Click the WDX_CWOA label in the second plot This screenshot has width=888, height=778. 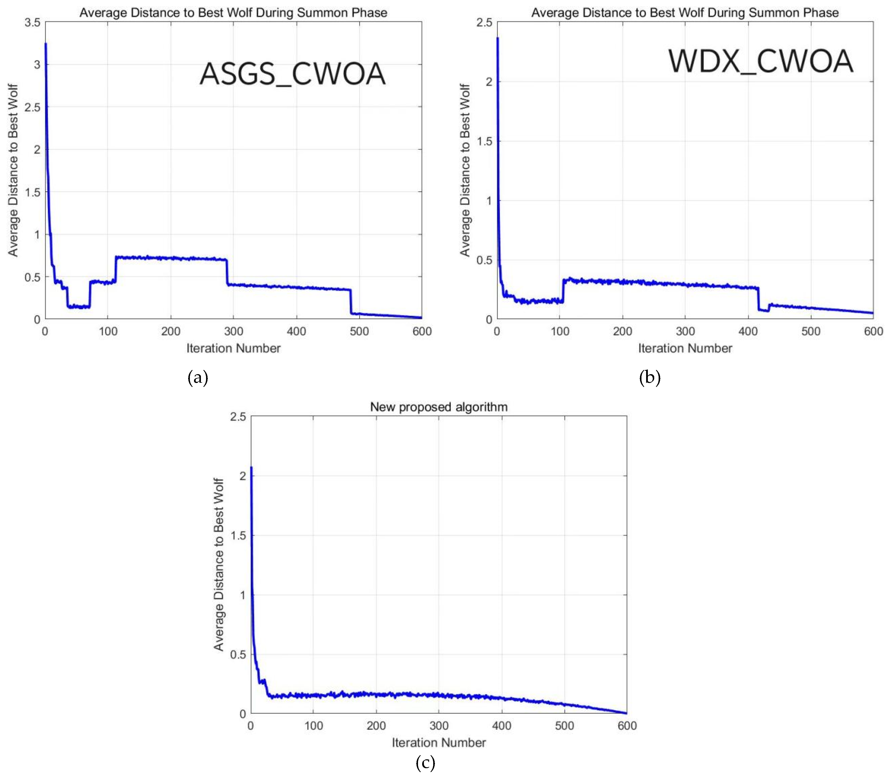[x=760, y=61]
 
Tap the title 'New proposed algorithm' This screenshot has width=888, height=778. [x=438, y=407]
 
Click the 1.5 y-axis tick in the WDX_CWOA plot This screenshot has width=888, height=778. [x=484, y=141]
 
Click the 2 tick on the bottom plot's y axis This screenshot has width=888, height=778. [x=243, y=476]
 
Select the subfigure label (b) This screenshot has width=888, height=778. [x=650, y=377]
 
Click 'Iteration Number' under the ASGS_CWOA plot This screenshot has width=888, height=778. [x=234, y=348]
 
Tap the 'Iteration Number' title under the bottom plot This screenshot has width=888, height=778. [x=438, y=742]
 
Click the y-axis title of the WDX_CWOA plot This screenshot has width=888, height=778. [x=465, y=170]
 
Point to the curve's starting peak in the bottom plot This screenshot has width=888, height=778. [x=251, y=468]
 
